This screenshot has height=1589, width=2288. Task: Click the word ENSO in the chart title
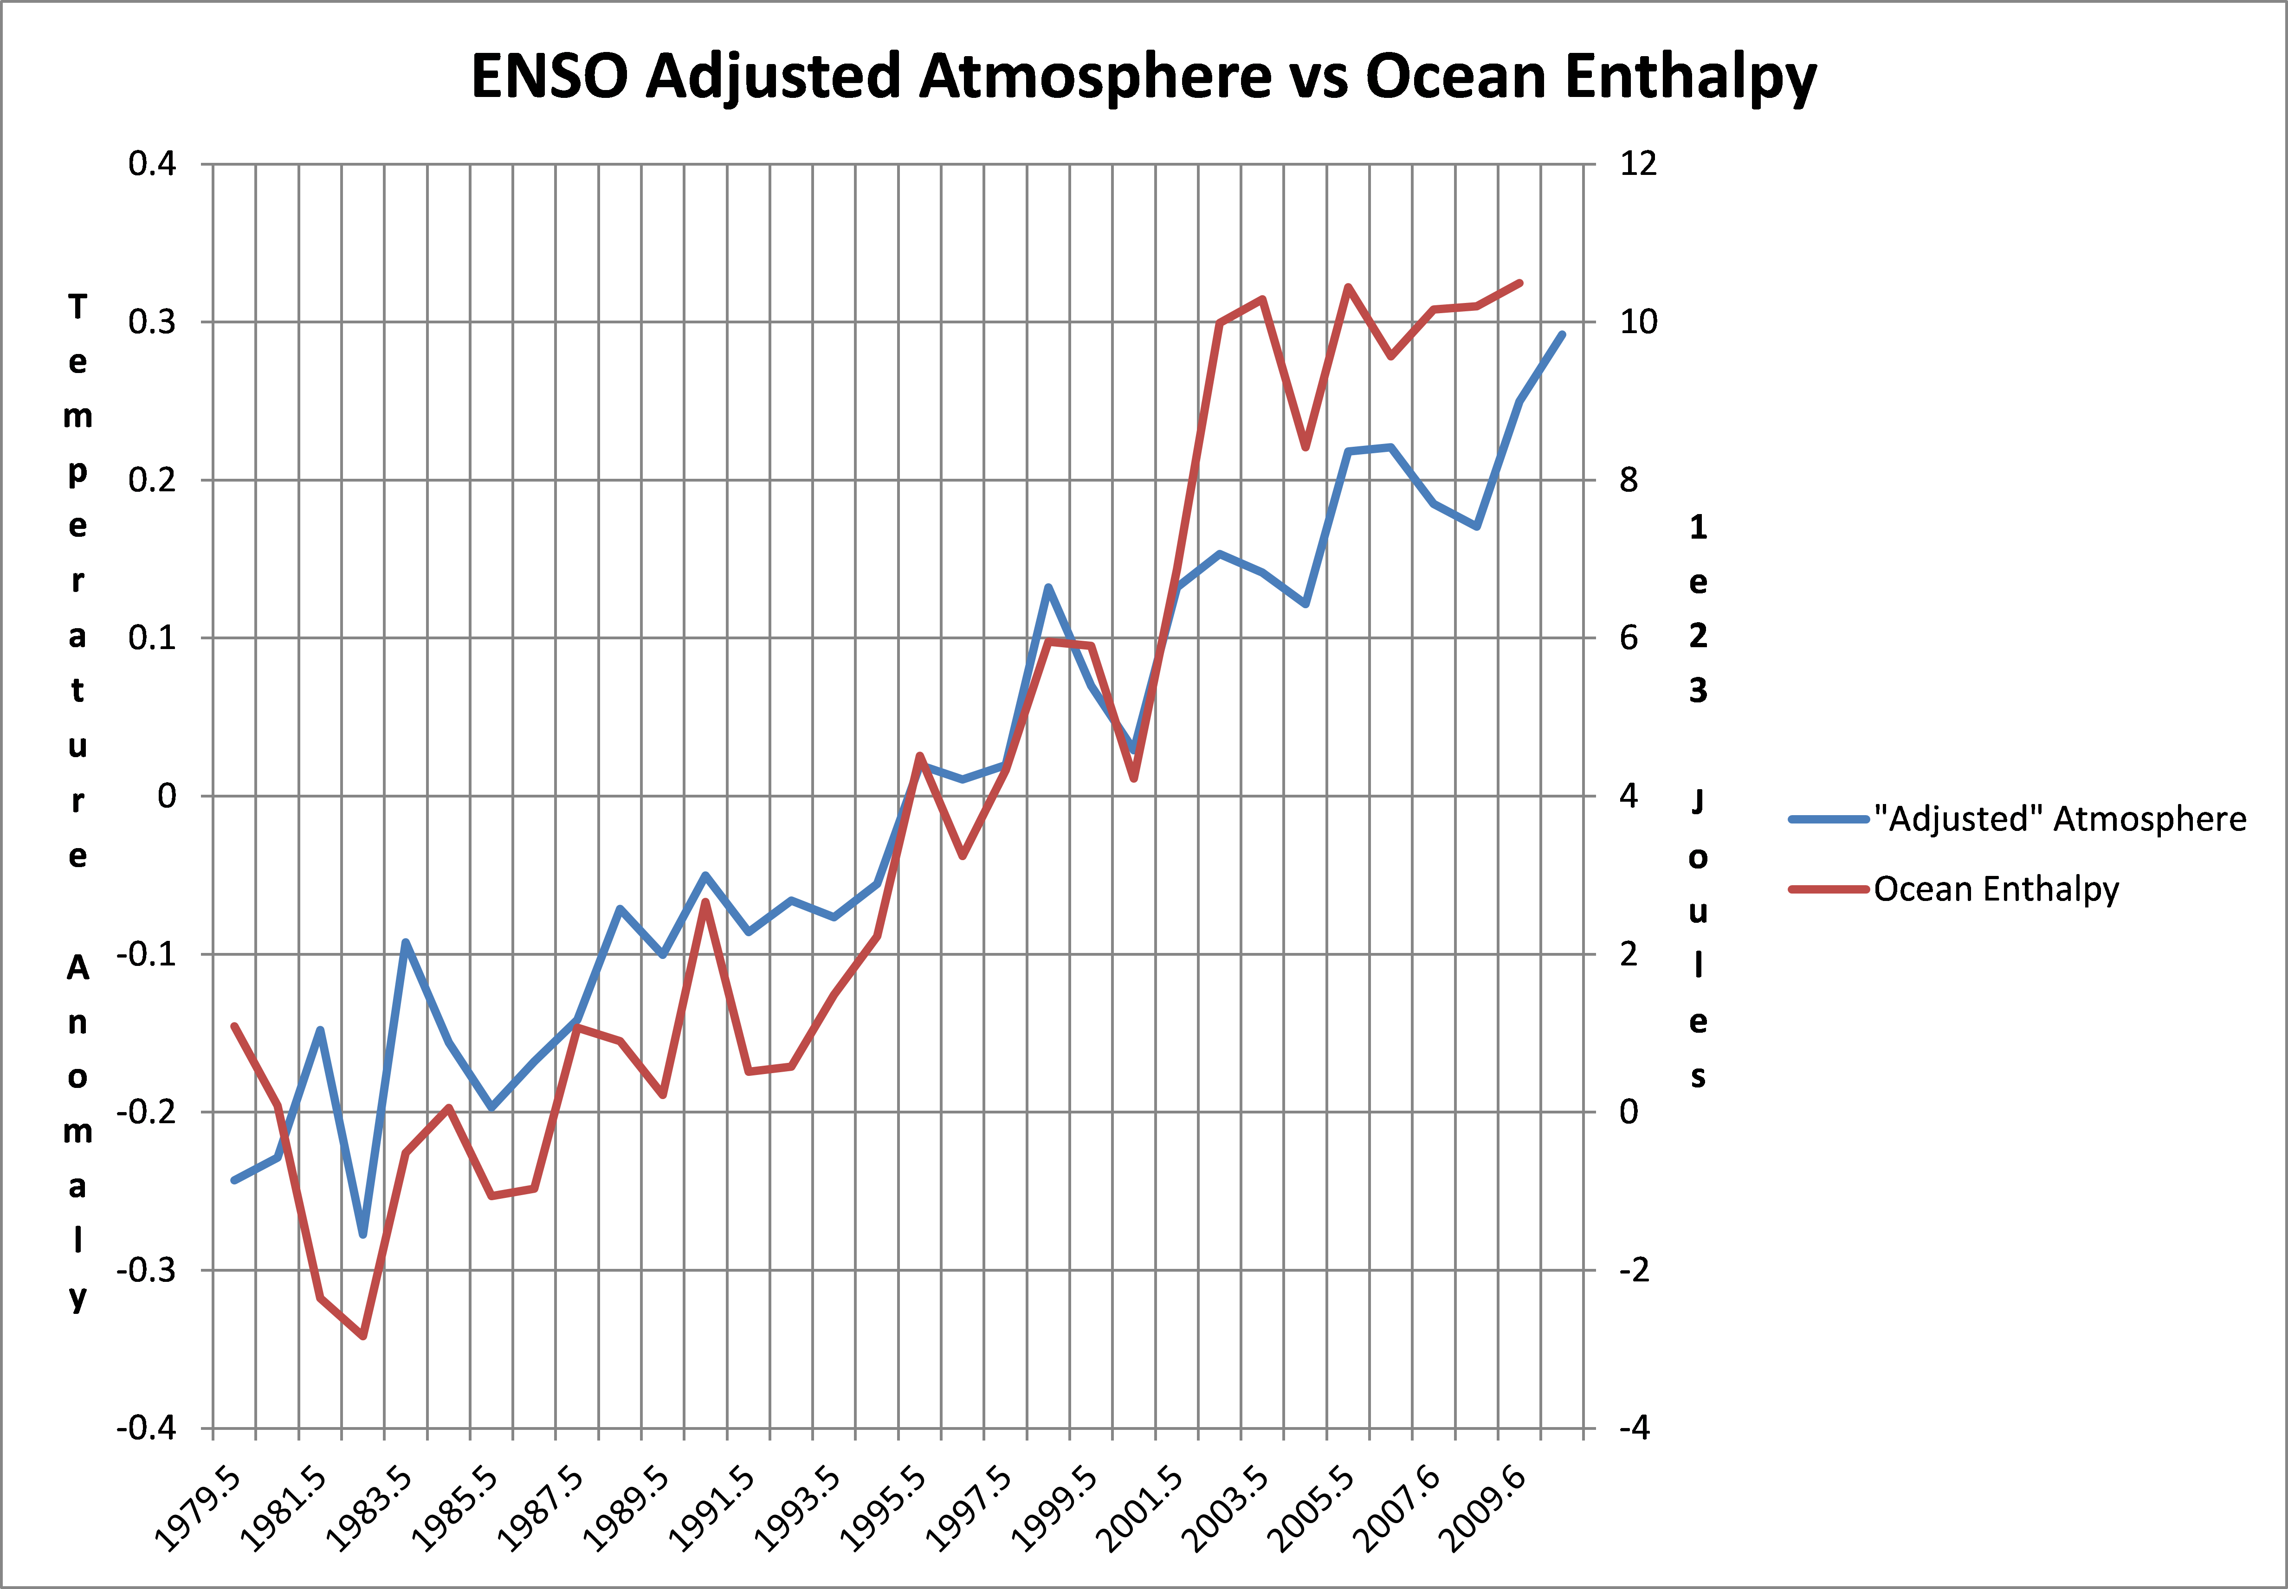click(549, 77)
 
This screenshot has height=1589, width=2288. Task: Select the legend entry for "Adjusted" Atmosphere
click(2059, 818)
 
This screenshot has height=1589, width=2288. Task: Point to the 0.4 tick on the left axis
click(152, 163)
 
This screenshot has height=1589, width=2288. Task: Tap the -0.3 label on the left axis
click(146, 1270)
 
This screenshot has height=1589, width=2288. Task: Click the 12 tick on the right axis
click(1638, 163)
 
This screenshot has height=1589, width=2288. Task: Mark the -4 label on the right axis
click(1634, 1428)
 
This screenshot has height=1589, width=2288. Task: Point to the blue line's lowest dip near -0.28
click(363, 1235)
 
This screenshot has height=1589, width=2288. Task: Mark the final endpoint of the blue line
click(1562, 335)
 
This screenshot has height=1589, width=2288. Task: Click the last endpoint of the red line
click(1519, 283)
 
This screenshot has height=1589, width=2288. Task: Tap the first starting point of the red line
click(234, 1025)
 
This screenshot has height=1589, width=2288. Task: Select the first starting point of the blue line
click(234, 1180)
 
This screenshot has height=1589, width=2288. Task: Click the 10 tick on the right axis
click(1638, 322)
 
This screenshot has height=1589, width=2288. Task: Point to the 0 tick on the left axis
click(166, 796)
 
